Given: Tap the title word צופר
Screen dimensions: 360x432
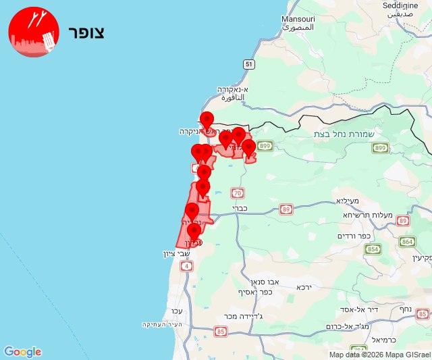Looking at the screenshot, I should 86,32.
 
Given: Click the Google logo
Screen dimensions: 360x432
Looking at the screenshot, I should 22,352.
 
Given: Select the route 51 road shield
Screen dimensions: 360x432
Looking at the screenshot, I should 249,64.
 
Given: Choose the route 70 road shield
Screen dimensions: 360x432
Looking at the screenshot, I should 237,192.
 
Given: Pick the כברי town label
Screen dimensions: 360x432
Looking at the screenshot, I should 241,209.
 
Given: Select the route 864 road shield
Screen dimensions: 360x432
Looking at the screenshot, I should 408,241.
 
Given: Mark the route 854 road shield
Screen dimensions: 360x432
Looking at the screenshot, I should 374,249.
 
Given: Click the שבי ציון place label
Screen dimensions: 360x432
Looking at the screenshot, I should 178,254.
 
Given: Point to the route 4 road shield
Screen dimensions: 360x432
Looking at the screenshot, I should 186,265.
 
